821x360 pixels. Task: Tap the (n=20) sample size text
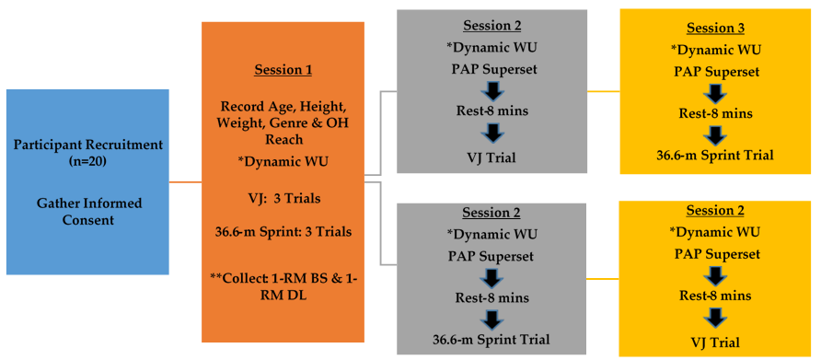coord(88,162)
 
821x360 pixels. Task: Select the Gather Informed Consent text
coord(88,211)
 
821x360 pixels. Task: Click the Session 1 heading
coord(283,71)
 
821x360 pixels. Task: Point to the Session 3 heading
coord(716,29)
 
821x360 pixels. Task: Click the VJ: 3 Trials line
coord(283,199)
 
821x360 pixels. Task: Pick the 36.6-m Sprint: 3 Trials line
coord(283,232)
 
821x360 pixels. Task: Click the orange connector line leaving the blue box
coord(185,182)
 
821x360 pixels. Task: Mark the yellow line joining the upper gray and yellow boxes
coord(604,91)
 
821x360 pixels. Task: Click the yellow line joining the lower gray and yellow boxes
coord(603,279)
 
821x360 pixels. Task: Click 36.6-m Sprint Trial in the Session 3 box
coord(716,155)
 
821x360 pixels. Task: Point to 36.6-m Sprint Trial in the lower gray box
coord(491,340)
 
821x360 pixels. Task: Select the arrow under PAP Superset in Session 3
coord(716,91)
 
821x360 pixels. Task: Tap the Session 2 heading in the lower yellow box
coord(716,211)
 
